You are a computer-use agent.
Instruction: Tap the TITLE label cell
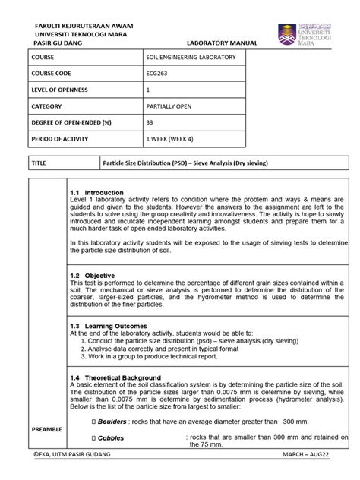tap(39, 163)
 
